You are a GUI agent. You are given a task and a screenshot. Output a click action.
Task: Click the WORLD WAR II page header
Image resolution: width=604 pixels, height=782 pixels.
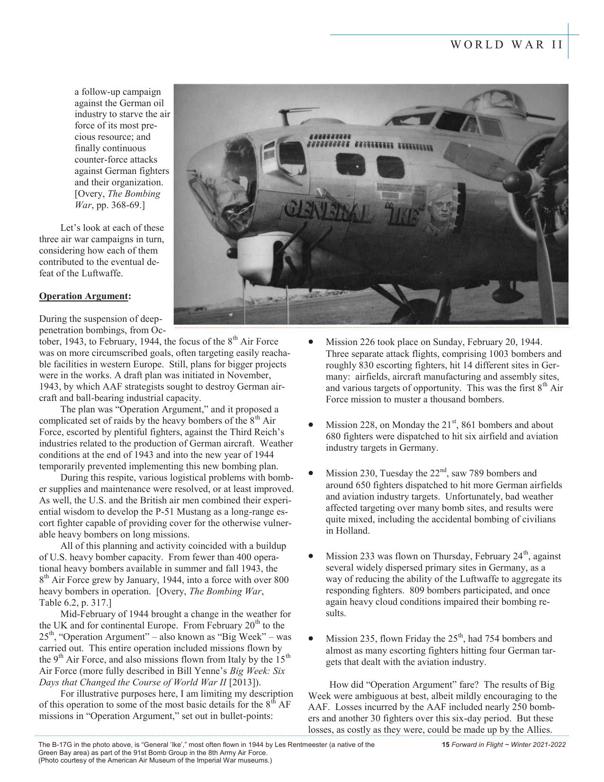[x=506, y=45]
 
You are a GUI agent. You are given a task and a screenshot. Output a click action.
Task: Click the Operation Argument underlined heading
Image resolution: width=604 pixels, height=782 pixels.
[x=83, y=296]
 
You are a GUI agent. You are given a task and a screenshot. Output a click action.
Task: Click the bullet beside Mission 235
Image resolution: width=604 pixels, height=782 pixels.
[x=311, y=638]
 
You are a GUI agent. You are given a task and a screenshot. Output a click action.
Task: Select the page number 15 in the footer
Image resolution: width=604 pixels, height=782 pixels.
[x=445, y=745]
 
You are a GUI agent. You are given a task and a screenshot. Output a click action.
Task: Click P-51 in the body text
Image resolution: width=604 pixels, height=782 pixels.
[x=207, y=512]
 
